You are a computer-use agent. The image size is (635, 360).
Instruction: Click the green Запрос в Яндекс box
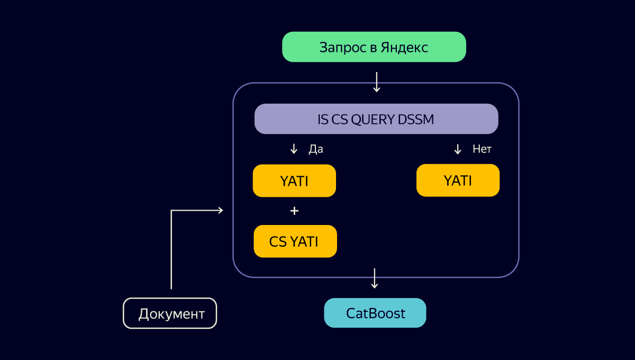[x=374, y=47]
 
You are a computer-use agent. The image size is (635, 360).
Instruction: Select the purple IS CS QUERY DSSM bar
[x=376, y=119]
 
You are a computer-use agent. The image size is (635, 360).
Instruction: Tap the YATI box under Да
[x=294, y=181]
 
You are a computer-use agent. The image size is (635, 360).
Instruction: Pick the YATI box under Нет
[x=458, y=181]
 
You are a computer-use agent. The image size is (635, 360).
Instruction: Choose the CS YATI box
[x=295, y=241]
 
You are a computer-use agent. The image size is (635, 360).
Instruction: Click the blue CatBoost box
[x=375, y=313]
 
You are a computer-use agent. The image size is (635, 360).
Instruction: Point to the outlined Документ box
[x=170, y=313]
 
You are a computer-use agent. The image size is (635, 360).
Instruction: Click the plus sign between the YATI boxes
[x=295, y=211]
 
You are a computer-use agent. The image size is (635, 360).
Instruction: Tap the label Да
[x=316, y=149]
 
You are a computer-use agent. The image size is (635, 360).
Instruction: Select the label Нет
[x=482, y=149]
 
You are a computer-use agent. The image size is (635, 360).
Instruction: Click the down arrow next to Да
[x=294, y=149]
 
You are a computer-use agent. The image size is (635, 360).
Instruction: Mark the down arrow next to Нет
[x=458, y=149]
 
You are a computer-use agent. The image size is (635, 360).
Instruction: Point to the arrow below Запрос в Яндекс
[x=376, y=82]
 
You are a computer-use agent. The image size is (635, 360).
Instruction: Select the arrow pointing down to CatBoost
[x=375, y=278]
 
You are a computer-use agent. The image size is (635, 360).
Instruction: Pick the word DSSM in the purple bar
[x=416, y=120]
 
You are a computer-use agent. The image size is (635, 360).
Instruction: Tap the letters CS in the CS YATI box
[x=278, y=242]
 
